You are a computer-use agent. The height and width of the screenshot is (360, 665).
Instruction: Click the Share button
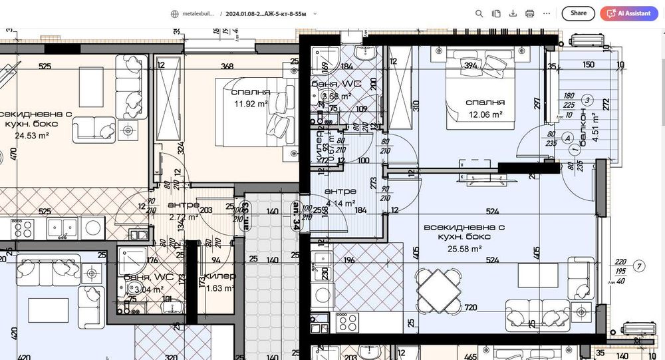(578, 13)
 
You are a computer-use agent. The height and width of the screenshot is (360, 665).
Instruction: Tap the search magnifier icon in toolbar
(479, 13)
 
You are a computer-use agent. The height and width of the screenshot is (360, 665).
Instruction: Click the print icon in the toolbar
(529, 13)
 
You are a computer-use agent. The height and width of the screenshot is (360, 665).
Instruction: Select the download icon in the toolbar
(513, 13)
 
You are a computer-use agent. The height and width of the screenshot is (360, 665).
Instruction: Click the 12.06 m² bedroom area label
(483, 114)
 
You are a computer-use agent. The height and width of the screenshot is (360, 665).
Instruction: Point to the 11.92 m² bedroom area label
(250, 104)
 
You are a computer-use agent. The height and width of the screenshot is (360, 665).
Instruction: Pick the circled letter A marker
(567, 138)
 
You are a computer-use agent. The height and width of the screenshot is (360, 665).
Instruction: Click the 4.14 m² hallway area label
(340, 203)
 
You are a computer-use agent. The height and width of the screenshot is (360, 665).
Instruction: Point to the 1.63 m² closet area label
(219, 288)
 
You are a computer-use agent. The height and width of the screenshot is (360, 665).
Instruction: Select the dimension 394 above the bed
(471, 65)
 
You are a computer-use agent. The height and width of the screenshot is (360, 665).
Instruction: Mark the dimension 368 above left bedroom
(227, 65)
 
